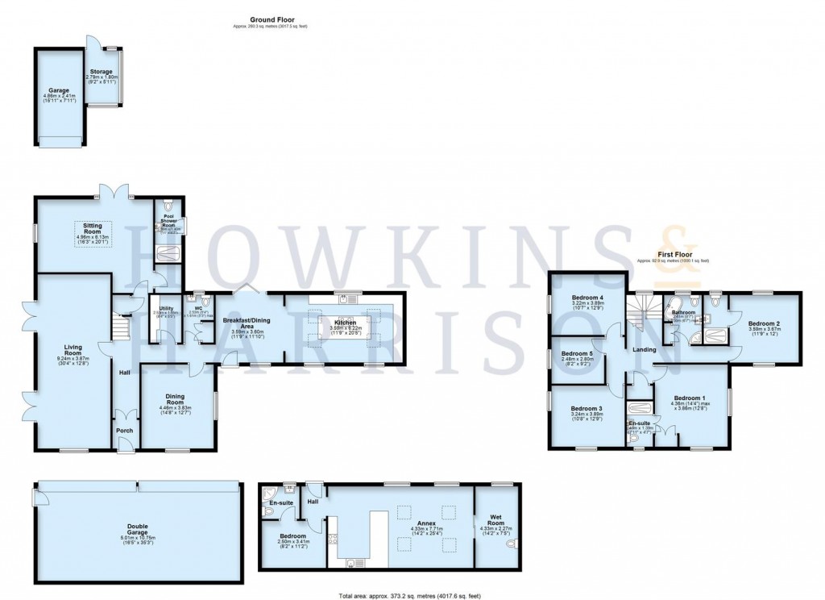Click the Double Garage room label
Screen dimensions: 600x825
click(x=137, y=526)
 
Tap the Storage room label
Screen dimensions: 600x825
click(x=102, y=72)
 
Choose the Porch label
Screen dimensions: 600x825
click(x=125, y=430)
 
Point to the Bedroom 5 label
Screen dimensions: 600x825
click(x=577, y=353)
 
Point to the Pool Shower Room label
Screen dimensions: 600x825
click(x=169, y=219)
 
